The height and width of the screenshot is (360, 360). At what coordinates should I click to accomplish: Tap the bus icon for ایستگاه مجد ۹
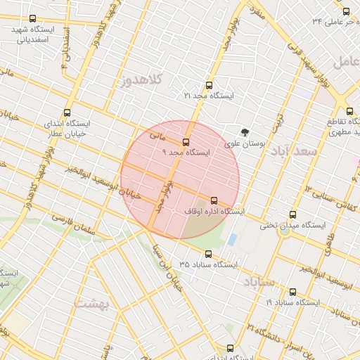186,142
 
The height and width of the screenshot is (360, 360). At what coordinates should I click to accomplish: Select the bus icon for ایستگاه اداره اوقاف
214,201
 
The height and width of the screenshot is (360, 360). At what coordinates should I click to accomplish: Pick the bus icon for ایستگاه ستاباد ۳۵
208,255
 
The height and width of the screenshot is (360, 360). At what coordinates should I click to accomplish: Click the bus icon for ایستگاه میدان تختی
292,215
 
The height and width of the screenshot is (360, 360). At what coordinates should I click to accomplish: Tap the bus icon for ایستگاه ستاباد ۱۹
292,292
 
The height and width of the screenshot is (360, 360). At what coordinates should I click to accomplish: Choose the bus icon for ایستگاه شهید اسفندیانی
33,19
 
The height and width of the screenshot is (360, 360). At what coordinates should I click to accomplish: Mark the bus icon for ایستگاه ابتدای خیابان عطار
67,112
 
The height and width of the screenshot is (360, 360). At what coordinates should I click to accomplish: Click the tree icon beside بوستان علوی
245,131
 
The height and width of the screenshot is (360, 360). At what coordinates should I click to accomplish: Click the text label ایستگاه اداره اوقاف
214,211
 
